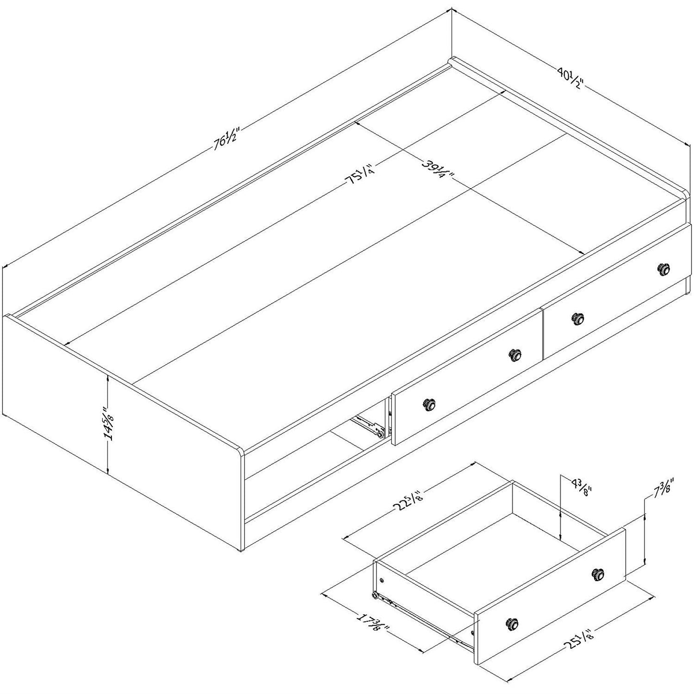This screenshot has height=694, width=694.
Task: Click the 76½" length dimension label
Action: tap(226, 138)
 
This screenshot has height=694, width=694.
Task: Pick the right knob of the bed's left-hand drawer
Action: tap(515, 354)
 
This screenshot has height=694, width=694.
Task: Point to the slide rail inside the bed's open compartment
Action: tap(367, 425)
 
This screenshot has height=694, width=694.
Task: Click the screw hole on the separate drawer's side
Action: tap(382, 580)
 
